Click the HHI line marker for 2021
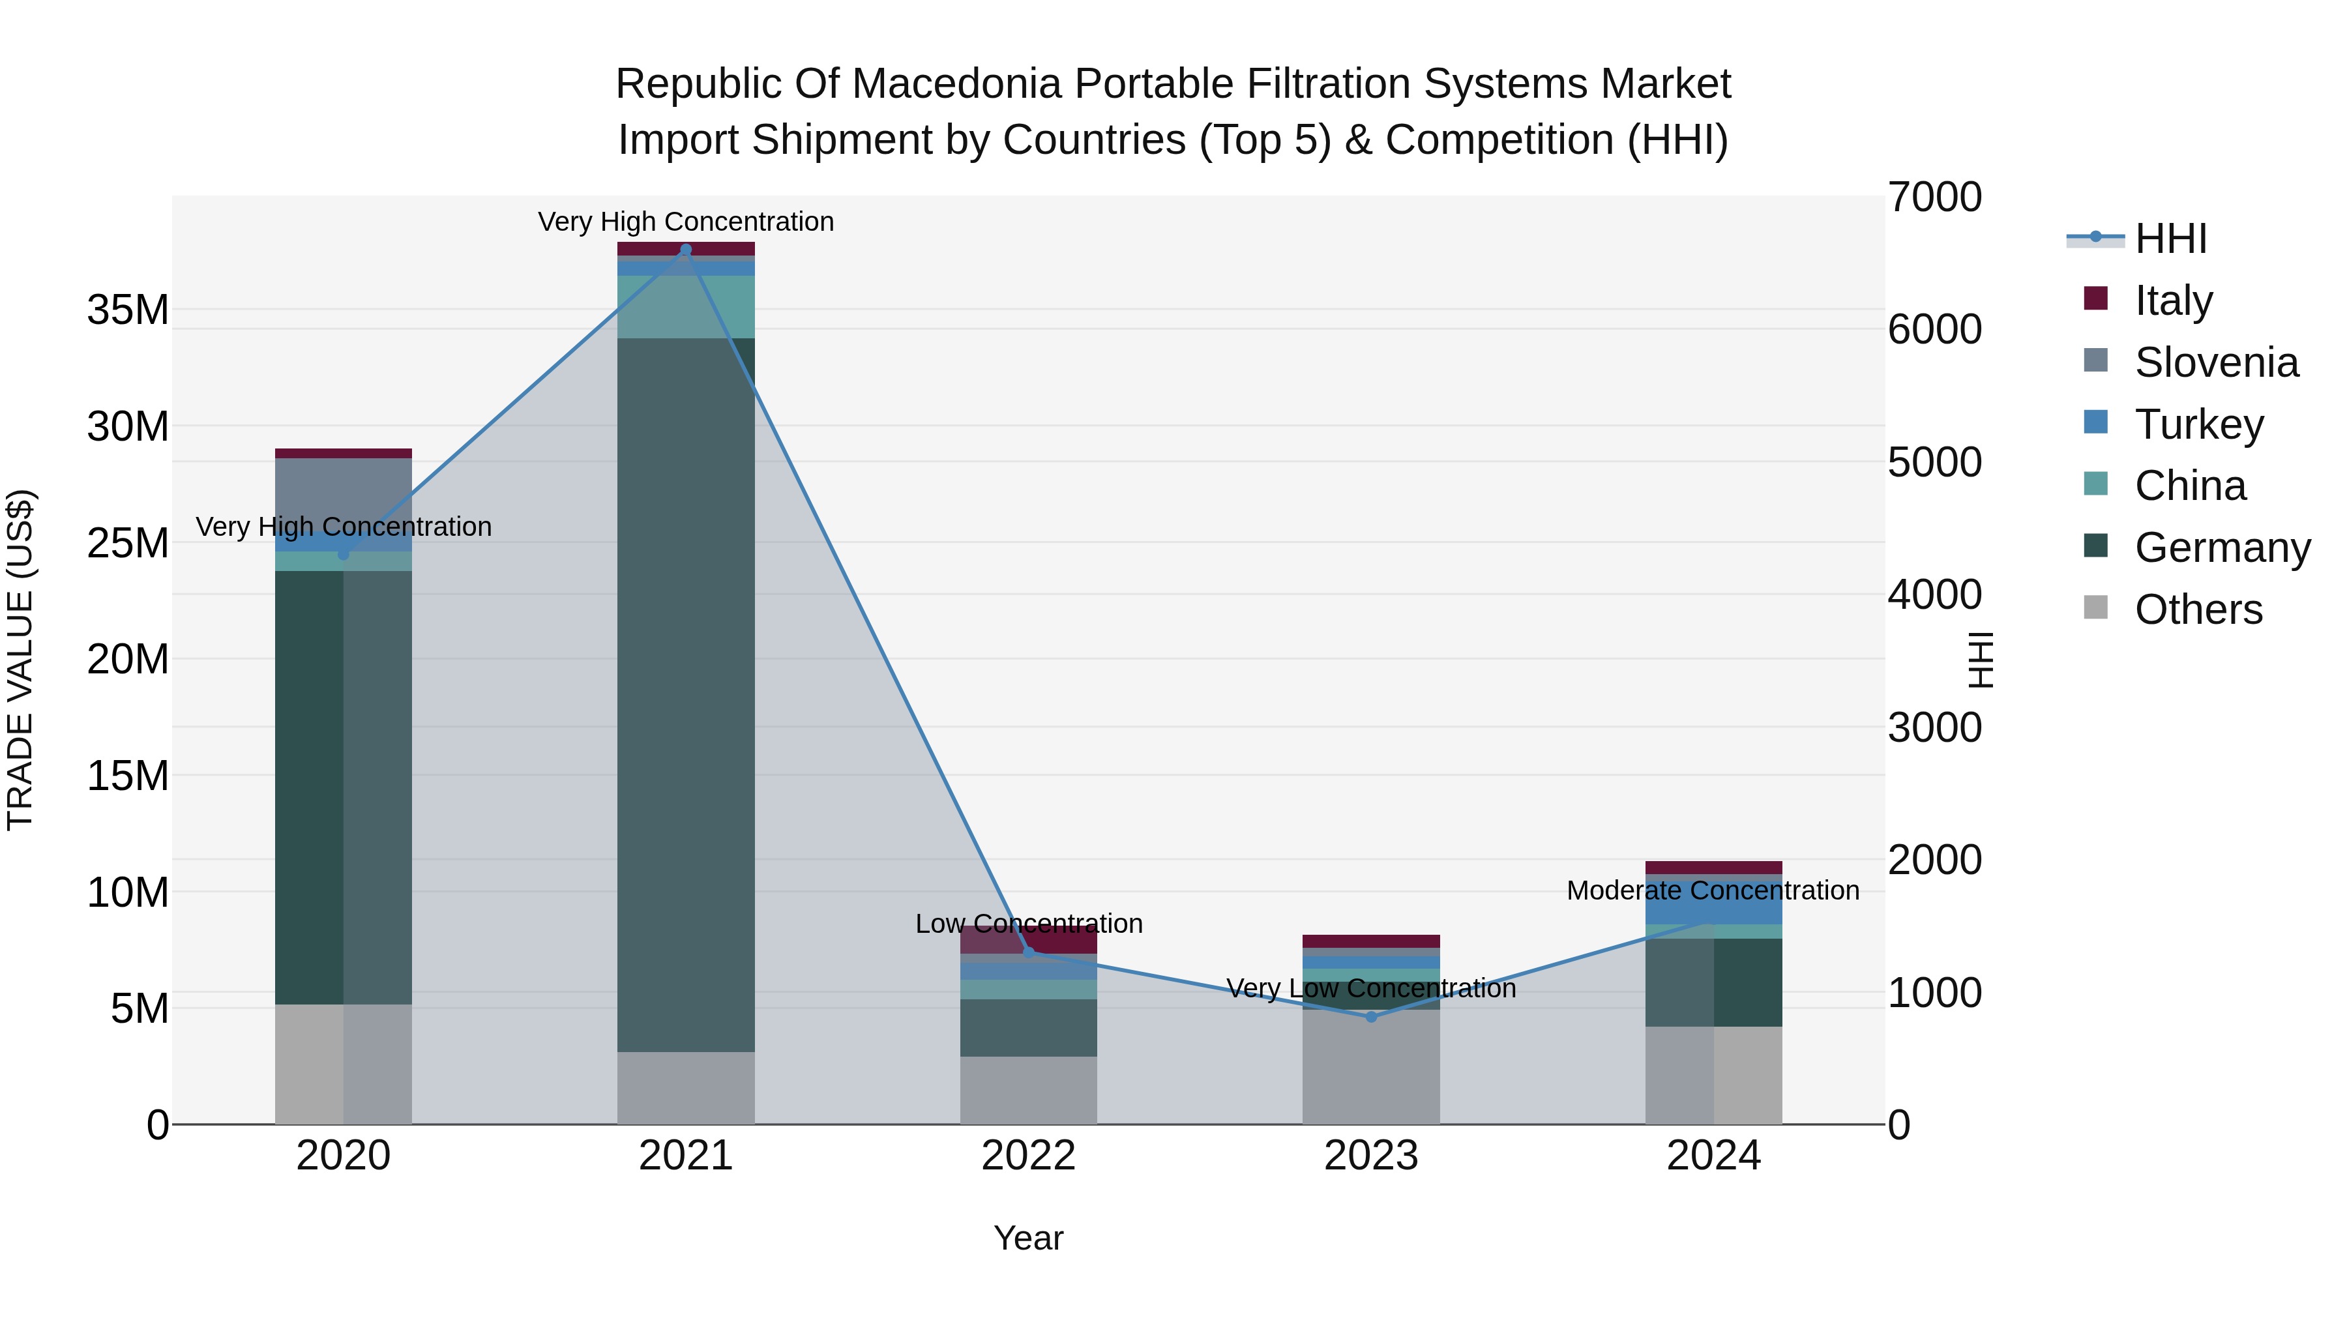686,250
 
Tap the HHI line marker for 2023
1371,1017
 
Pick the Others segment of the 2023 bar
1371,1066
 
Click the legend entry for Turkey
2198,424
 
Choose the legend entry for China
2189,486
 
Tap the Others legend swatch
2095,608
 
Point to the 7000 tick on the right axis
1934,198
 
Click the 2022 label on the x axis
1029,1156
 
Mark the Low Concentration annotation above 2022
1029,924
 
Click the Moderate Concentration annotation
1713,890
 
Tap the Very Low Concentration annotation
1371,988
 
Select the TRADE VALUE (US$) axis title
20,660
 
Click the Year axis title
1029,1238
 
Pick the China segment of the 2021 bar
686,307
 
